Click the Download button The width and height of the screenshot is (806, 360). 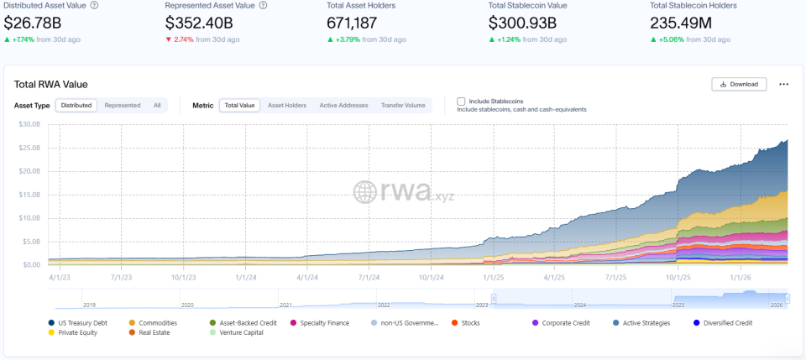tap(739, 84)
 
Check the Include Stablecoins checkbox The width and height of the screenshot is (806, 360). tap(461, 102)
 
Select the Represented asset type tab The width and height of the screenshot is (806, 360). tap(123, 105)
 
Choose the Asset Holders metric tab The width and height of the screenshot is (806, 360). tap(287, 105)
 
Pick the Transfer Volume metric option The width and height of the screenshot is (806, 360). tap(403, 105)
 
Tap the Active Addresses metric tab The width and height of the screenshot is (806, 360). tap(344, 105)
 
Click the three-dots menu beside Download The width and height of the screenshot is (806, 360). tap(783, 84)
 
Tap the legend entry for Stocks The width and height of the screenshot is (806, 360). tap(466, 323)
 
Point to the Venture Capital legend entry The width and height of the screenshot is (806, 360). tap(237, 332)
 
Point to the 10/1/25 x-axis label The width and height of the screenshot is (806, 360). tap(678, 277)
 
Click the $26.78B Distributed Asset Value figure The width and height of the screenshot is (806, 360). tap(33, 23)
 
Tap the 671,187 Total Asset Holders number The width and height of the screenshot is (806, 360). tap(352, 23)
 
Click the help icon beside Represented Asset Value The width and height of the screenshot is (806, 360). tap(263, 6)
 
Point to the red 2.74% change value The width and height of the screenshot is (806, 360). tap(184, 39)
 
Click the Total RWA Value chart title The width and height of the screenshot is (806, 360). tap(51, 85)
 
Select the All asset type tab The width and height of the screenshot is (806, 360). tap(157, 105)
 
